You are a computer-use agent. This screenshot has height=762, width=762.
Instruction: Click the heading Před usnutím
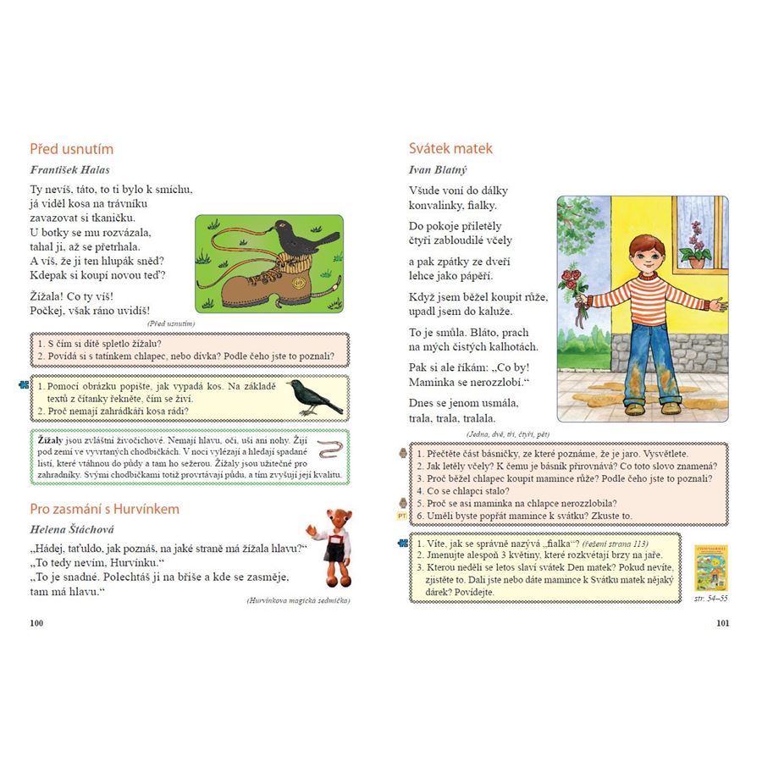click(71, 149)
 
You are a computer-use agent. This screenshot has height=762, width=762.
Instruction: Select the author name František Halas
click(69, 169)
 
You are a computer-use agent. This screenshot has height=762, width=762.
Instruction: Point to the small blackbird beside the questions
click(312, 396)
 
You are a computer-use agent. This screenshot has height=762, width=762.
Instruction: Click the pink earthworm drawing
click(330, 447)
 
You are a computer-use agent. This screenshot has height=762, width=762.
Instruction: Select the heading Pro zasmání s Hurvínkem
click(104, 509)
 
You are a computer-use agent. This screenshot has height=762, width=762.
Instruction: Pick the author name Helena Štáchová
click(74, 530)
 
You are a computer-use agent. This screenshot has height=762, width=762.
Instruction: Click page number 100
click(36, 623)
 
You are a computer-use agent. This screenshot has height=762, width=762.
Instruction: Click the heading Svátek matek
click(450, 149)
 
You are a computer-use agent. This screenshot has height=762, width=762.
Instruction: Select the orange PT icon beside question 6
click(402, 516)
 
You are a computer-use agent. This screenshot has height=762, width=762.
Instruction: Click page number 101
click(722, 623)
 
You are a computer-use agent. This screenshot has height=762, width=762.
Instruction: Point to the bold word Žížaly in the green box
click(51, 441)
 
